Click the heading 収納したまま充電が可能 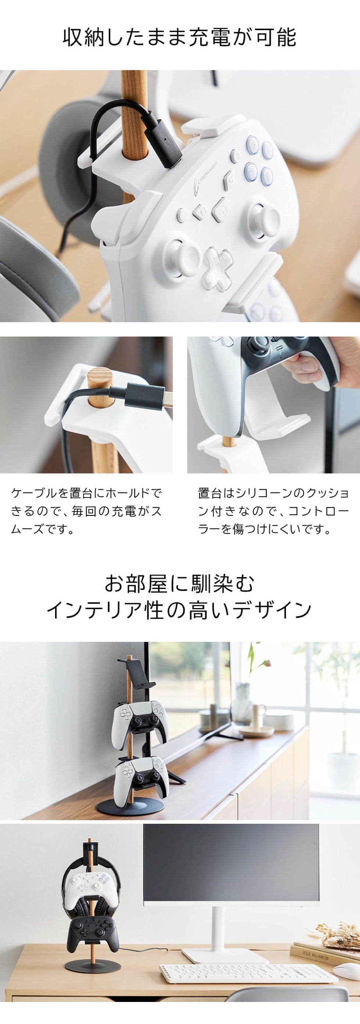[180, 38]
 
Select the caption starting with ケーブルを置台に [87, 511]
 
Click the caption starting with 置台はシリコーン [273, 511]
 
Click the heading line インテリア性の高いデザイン [180, 610]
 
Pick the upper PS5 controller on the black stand [140, 722]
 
